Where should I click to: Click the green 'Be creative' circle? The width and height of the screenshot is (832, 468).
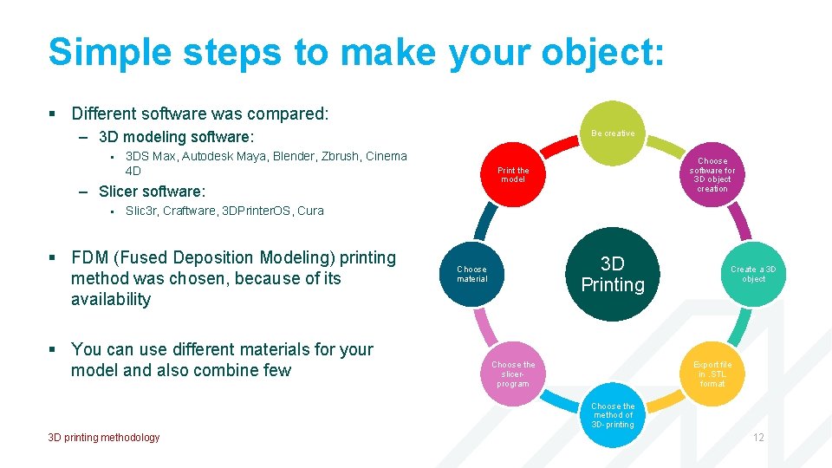[613, 133]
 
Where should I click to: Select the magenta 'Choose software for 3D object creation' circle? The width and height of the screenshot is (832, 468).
[712, 174]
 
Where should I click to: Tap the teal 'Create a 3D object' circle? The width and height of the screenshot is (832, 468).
[753, 274]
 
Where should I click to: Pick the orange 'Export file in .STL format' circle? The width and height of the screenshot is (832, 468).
[712, 374]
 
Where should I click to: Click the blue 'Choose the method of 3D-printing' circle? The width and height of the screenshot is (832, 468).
[613, 415]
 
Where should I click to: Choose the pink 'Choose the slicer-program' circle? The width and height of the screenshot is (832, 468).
[513, 374]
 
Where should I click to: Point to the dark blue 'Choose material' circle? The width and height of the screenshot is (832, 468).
[472, 274]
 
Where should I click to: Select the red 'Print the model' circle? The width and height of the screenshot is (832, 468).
[513, 174]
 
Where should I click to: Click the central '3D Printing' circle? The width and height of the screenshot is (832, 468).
[613, 275]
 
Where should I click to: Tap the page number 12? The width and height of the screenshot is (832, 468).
[758, 438]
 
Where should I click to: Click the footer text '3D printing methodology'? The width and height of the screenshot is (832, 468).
[104, 438]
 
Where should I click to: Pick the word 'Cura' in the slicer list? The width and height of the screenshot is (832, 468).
[310, 211]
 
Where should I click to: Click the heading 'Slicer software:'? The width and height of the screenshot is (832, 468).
[153, 192]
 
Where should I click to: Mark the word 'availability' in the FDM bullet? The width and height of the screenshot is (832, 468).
[111, 299]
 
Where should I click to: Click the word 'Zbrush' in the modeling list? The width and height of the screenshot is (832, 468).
[341, 157]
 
